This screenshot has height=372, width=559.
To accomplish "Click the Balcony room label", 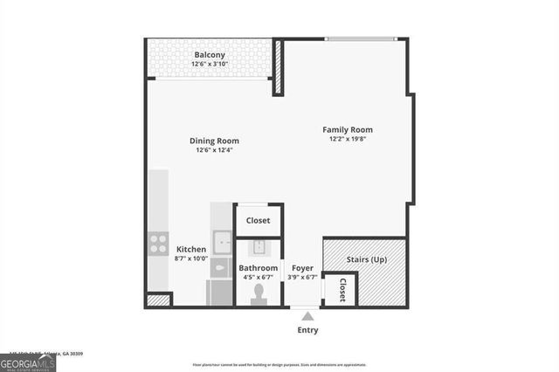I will coord(209,54).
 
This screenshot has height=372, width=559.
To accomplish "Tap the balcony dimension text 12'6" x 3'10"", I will coord(209,64).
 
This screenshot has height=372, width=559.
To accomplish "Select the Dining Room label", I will coord(214,141).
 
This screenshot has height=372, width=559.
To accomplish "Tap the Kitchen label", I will coord(191,249).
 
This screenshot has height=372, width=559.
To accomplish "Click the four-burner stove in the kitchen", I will coord(158,243).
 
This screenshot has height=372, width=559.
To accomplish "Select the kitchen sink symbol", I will coord(222,240).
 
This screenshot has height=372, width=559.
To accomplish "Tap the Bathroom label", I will coord(259,268).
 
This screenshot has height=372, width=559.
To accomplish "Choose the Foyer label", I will coord(302,268).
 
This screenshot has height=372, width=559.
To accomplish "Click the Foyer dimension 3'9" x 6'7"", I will coord(302,278).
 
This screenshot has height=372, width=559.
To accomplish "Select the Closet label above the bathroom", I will coord(259,221).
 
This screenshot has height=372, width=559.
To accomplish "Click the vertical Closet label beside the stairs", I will coord(342,290).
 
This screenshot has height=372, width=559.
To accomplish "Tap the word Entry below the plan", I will coord(307,330).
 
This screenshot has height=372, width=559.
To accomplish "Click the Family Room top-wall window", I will coord(362,38).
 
